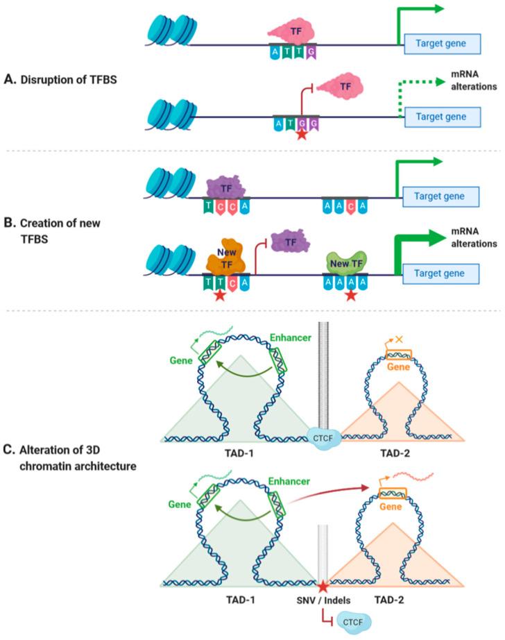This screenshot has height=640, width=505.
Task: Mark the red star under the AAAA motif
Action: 352,295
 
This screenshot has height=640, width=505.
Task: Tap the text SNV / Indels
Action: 321,597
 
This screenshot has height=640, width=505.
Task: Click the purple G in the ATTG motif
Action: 311,52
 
